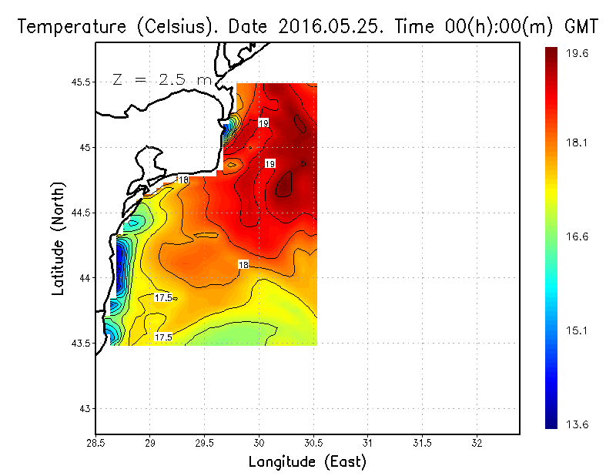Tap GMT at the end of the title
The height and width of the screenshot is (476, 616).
(x=581, y=26)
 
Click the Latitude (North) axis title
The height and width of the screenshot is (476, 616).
(x=59, y=239)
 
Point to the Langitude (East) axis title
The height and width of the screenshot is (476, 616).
(x=307, y=462)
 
